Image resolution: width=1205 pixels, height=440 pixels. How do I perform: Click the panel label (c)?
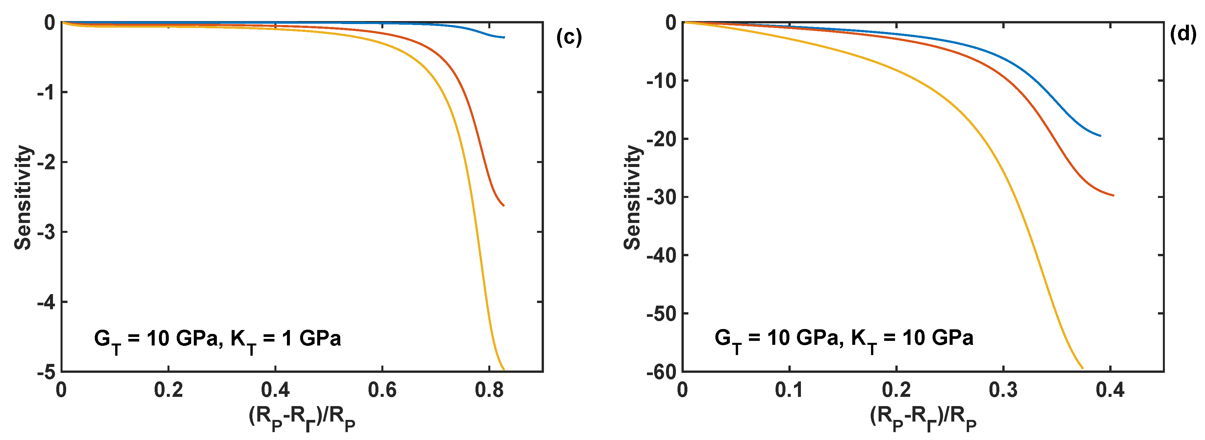tap(569, 37)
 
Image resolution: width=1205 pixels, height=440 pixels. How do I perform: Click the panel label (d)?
tap(1183, 34)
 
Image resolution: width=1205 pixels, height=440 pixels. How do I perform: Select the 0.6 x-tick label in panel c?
tap(382, 390)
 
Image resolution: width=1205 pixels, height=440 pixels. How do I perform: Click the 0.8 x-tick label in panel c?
tap(489, 390)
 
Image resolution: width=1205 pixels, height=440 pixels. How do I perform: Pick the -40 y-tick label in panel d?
tap(661, 256)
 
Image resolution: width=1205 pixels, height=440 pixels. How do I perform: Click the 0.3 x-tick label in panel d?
tap(1003, 390)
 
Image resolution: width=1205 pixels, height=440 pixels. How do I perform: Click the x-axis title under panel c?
tap(302, 418)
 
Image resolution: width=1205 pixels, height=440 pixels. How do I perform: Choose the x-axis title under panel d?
tap(923, 418)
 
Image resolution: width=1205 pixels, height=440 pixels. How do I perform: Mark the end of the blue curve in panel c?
tap(504, 37)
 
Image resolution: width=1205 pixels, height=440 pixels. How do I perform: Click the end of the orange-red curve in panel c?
tap(503, 205)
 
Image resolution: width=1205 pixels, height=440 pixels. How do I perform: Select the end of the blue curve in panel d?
tap(1100, 136)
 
